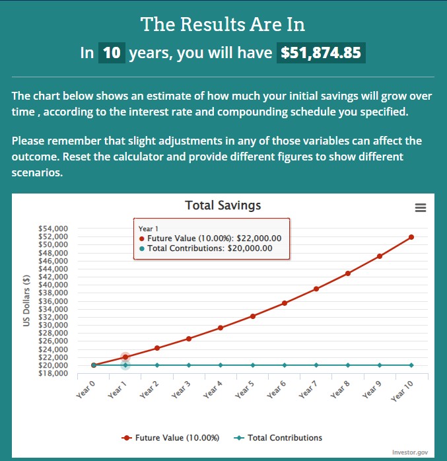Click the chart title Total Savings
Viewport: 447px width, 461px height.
coord(223,205)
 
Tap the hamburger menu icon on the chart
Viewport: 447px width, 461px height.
coord(420,207)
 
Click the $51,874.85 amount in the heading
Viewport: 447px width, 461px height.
coord(322,53)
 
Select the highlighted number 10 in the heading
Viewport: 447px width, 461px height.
coord(112,53)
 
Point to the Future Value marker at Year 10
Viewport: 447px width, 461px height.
coord(411,237)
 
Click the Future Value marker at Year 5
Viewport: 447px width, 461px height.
coord(252,316)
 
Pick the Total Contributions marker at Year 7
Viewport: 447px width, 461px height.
coord(316,365)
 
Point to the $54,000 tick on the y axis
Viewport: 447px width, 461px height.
coord(55,228)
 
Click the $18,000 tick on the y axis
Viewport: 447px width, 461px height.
coord(55,373)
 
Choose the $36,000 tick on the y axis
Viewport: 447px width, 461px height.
coord(55,301)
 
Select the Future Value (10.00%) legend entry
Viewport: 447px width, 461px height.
coord(171,437)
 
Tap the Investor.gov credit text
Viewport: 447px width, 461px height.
coord(410,452)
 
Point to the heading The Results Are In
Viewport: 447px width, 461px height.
coord(223,25)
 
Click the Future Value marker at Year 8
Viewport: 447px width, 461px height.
coord(348,273)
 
